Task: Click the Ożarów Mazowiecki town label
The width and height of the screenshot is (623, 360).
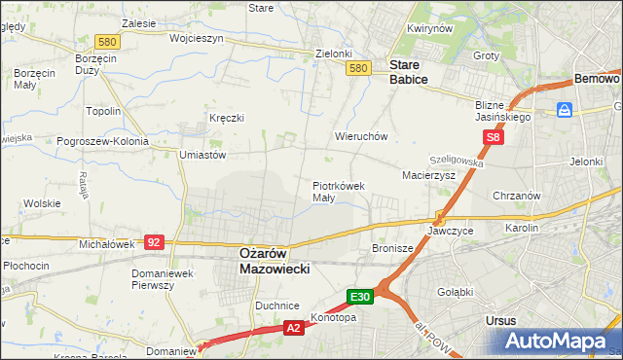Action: click(275, 260)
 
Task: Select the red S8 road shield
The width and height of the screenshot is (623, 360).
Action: click(495, 138)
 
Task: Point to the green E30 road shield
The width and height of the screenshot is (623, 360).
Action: click(360, 296)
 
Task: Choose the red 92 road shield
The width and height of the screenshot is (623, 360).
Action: click(153, 240)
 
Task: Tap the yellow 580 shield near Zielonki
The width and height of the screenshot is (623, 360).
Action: click(358, 68)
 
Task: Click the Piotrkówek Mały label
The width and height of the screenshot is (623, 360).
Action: click(338, 191)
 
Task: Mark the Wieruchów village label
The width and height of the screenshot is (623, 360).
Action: click(361, 137)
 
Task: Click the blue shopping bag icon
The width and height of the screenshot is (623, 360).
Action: click(564, 111)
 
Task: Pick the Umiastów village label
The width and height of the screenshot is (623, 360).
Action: click(202, 155)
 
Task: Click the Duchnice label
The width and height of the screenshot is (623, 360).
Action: click(276, 306)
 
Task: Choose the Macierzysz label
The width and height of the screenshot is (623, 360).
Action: click(429, 175)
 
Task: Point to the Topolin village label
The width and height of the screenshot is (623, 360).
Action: click(103, 112)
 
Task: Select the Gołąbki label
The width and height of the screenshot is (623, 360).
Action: click(456, 291)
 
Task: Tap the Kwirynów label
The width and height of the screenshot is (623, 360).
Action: click(431, 29)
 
